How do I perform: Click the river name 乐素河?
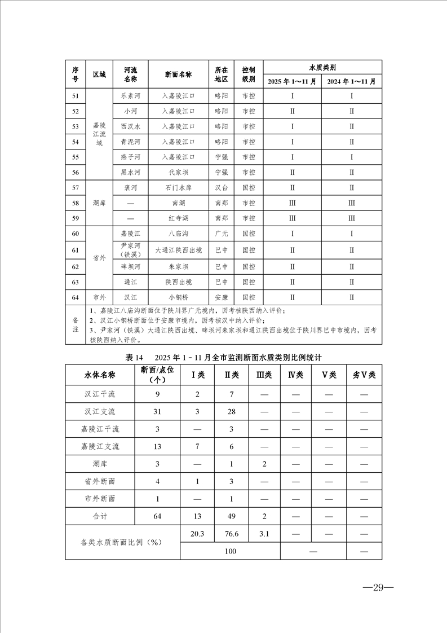(x=130, y=96)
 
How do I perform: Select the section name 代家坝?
(x=179, y=172)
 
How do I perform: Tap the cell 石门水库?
(x=179, y=187)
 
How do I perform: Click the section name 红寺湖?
(x=179, y=218)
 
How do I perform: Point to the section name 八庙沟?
(x=179, y=233)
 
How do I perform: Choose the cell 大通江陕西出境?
(x=179, y=249)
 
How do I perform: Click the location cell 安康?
(x=222, y=297)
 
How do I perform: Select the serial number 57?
(x=76, y=187)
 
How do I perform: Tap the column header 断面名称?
(x=179, y=74)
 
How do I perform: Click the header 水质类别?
(x=322, y=67)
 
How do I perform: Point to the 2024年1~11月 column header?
(x=352, y=82)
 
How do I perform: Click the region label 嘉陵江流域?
(x=99, y=134)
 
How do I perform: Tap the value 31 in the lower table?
(x=157, y=411)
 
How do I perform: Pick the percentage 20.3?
(x=197, y=533)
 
